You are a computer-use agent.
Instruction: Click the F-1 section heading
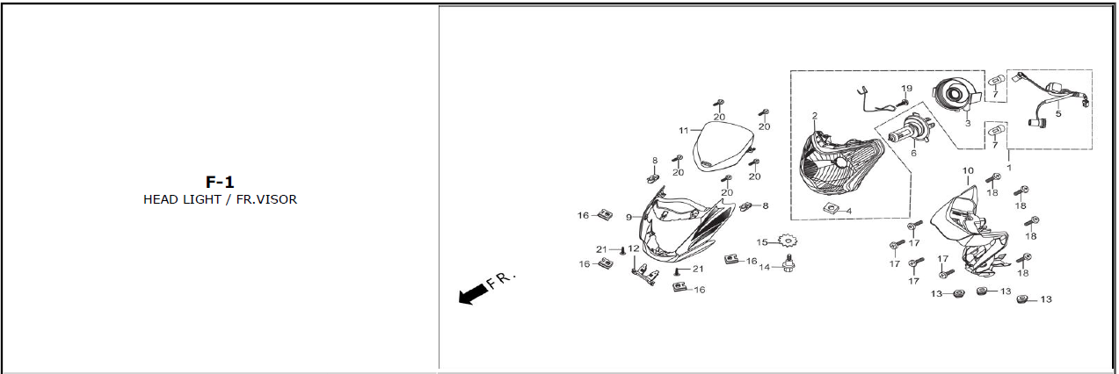click(x=220, y=183)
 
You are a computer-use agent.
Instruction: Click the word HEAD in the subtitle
click(x=161, y=199)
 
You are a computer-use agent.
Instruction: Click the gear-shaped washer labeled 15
click(x=786, y=239)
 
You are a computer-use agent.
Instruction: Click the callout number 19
click(x=906, y=89)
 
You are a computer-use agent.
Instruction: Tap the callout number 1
click(x=1009, y=167)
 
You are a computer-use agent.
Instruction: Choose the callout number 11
click(x=683, y=131)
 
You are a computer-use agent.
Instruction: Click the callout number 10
click(x=967, y=170)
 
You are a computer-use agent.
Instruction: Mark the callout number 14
click(x=764, y=267)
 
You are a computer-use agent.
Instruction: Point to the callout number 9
click(x=629, y=217)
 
